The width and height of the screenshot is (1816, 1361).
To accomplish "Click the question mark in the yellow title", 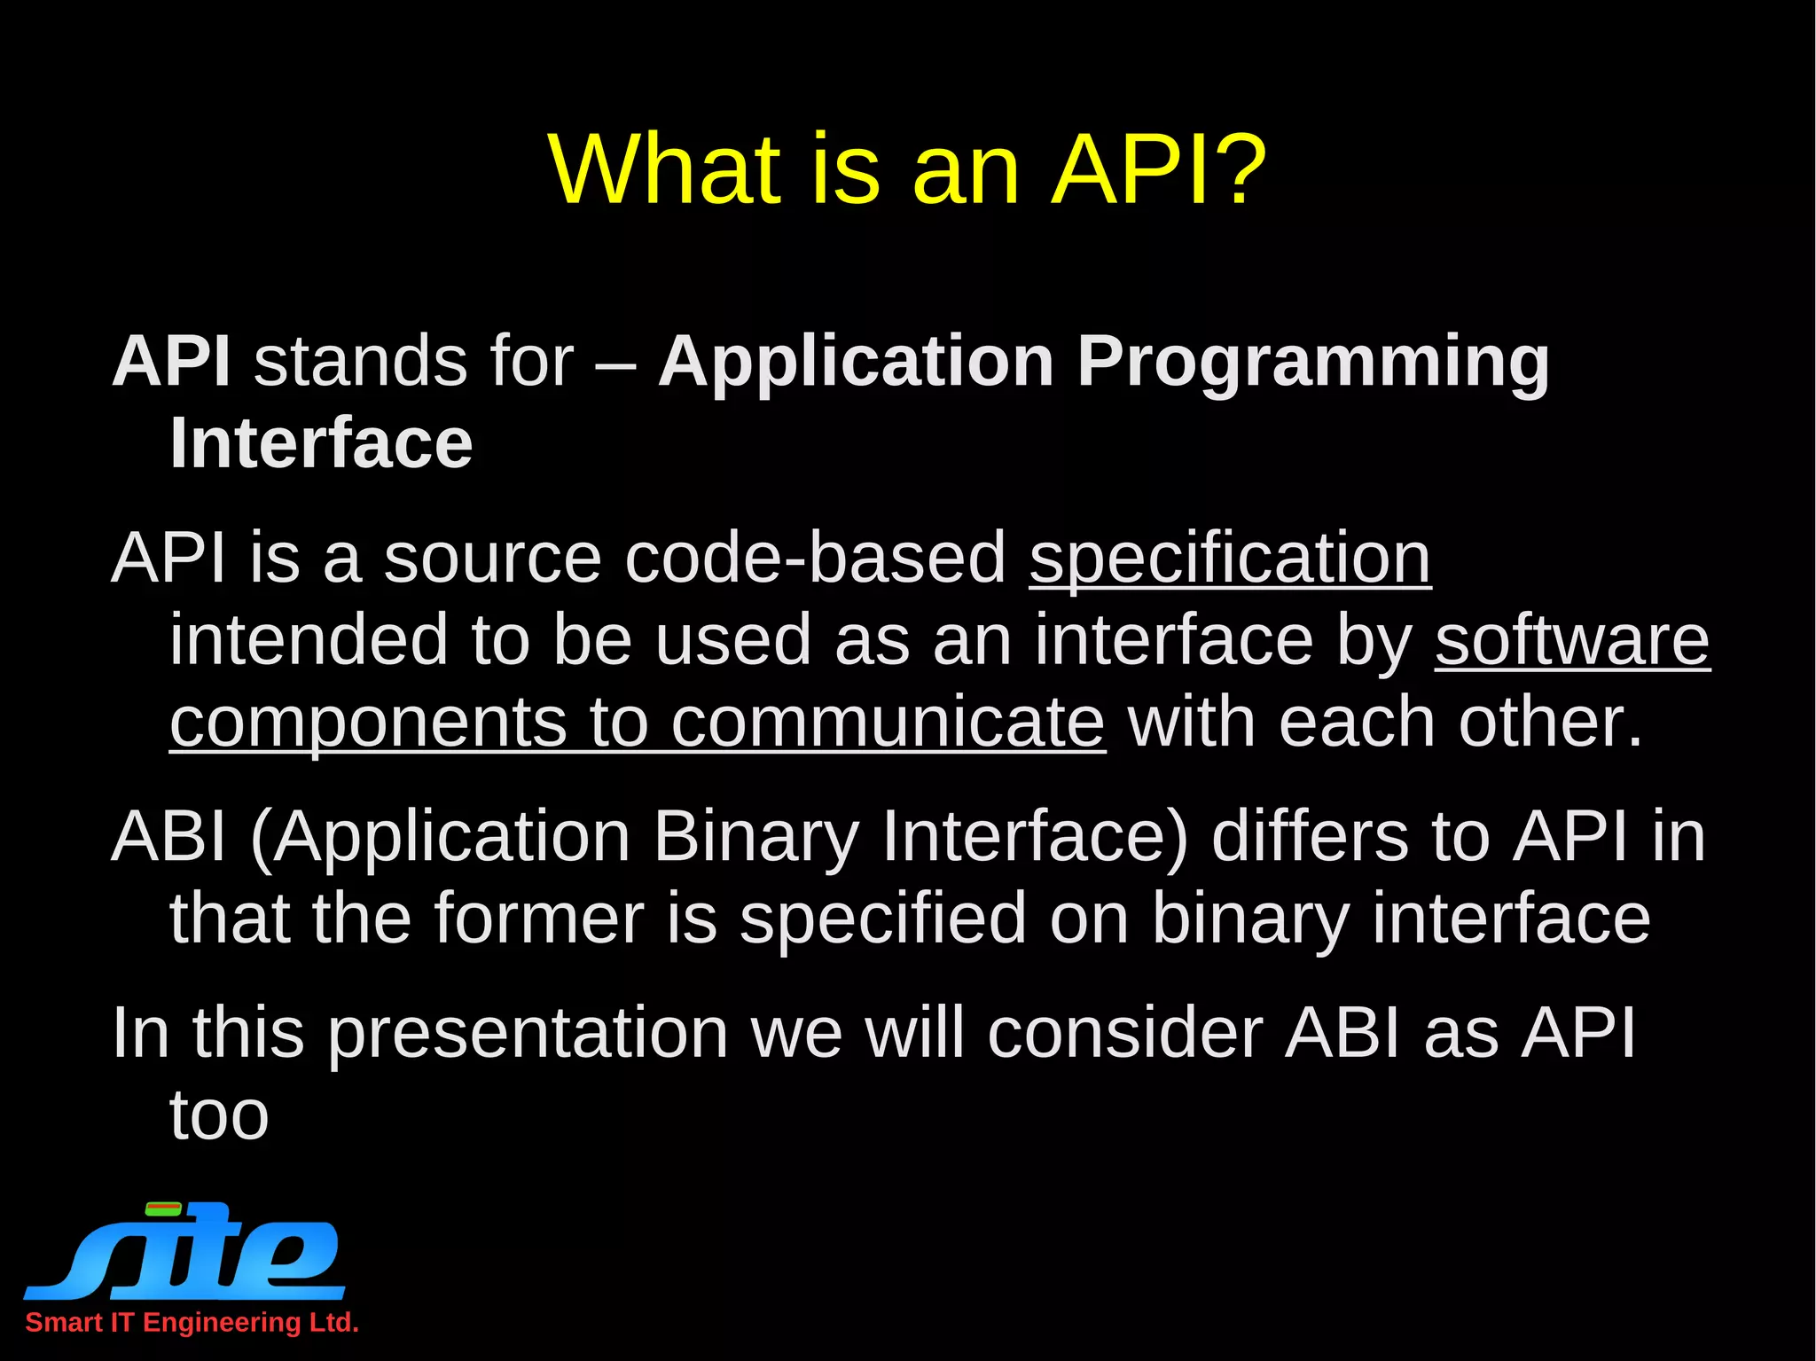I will click(x=1237, y=168).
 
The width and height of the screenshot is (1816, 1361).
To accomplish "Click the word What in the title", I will click(x=665, y=168).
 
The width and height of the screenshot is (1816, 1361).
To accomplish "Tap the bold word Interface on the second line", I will click(x=321, y=443).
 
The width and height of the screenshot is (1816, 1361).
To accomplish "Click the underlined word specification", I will click(x=1230, y=559).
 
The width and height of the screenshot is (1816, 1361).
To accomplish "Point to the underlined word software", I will click(x=1572, y=640).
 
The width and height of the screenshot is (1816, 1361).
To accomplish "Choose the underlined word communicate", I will click(x=888, y=722).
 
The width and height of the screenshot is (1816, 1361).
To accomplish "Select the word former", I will click(x=538, y=919).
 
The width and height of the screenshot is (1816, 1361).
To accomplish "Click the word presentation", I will click(x=528, y=1034).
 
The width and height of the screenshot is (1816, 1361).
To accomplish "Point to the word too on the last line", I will click(x=219, y=1115).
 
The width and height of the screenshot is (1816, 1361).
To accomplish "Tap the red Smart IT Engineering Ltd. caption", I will click(x=192, y=1322).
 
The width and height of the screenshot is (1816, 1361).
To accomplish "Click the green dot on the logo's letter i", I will click(x=163, y=1208).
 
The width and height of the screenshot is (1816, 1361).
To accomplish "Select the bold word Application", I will click(x=856, y=362).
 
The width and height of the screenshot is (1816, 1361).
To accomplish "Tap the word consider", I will click(x=1124, y=1034).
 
